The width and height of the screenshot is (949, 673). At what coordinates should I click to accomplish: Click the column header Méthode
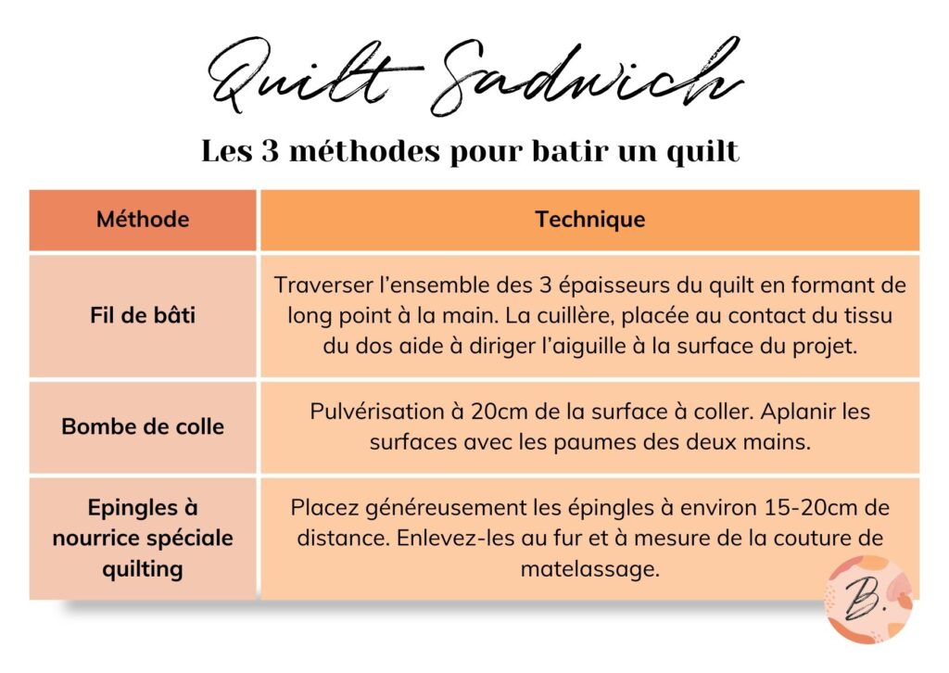143,220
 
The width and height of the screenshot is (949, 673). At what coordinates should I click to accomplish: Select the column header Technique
589,220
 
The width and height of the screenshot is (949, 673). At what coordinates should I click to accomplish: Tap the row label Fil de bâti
143,315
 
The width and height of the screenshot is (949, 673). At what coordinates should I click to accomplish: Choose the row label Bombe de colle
143,427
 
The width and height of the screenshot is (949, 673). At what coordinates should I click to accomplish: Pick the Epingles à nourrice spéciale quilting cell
143,538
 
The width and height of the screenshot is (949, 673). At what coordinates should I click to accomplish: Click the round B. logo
868,600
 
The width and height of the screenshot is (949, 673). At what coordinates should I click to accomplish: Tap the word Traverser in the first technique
318,286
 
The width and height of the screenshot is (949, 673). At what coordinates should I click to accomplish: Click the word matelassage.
589,568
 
